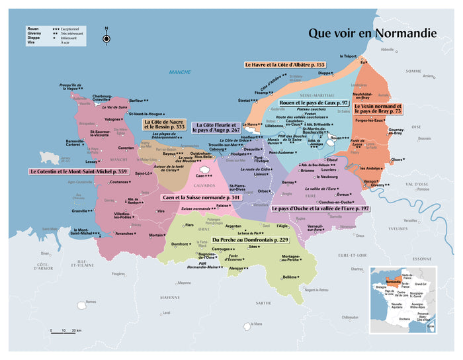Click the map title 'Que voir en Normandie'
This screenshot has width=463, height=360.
[x=372, y=32]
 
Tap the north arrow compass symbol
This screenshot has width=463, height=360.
[x=106, y=39]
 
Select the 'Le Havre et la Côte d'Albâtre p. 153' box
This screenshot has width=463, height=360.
[x=284, y=65]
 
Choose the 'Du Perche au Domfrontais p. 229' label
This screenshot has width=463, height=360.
[x=250, y=240]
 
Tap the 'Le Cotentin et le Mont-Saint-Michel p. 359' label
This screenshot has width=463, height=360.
[x=77, y=171]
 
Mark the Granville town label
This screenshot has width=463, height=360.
[x=82, y=211]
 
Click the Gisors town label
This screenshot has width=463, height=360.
[x=397, y=159]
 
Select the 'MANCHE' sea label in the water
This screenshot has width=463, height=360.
[x=179, y=72]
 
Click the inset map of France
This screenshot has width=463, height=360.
[x=402, y=298]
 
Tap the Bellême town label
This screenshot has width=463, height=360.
[x=289, y=277]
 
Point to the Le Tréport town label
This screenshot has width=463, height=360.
[x=349, y=56]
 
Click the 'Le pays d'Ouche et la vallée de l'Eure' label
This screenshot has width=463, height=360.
[x=319, y=208]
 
